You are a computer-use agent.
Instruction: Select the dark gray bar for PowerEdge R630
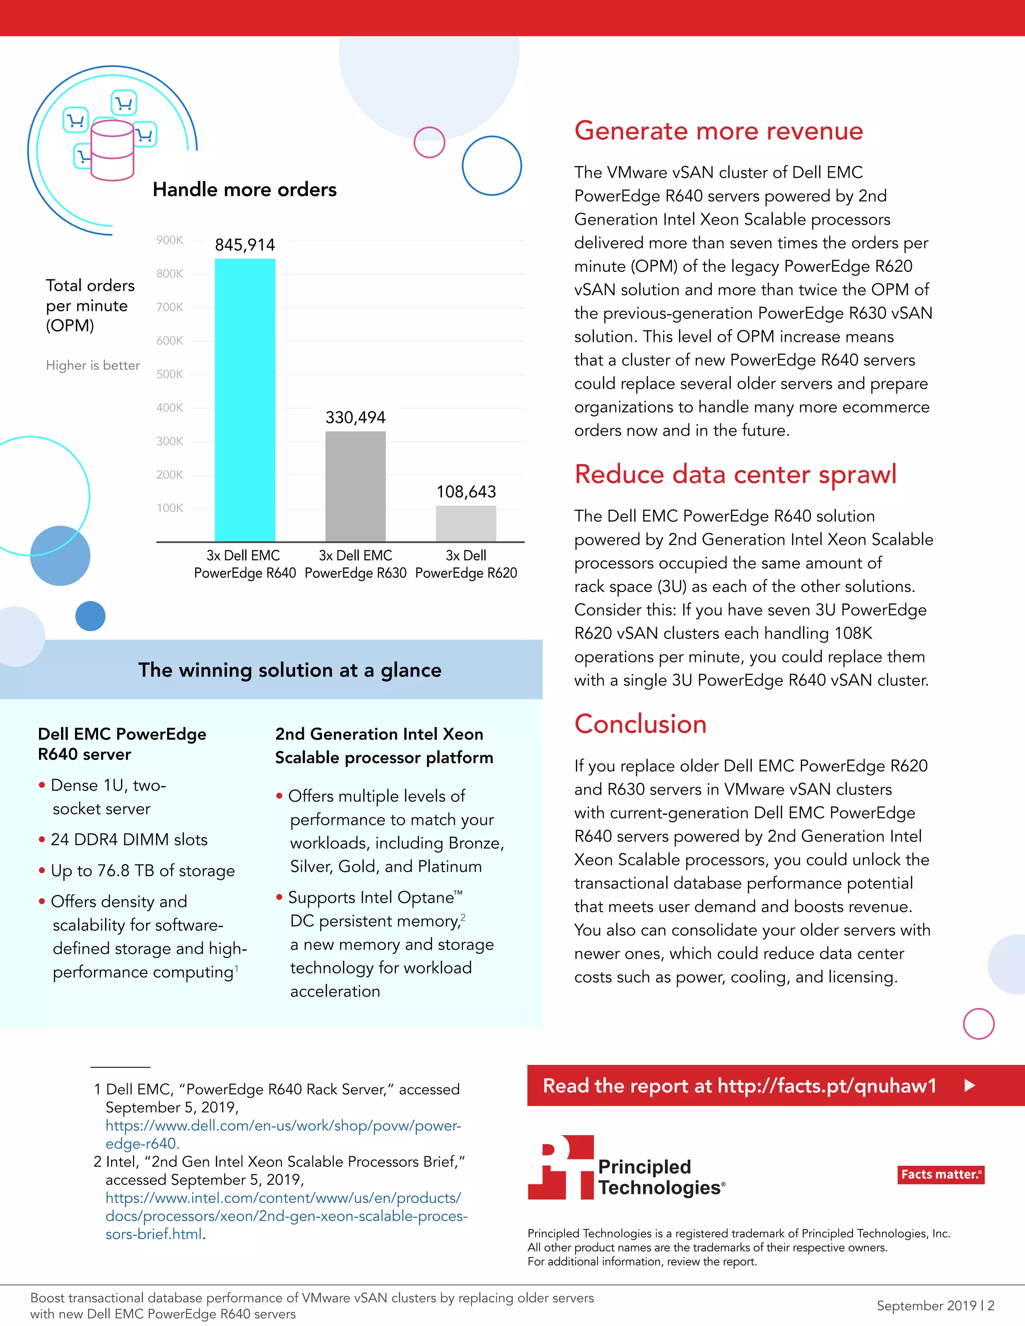[355, 486]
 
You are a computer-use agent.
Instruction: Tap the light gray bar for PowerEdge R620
[466, 523]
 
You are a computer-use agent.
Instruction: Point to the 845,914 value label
[245, 245]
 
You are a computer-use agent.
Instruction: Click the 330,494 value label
[355, 417]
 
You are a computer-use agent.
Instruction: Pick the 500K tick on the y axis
[170, 374]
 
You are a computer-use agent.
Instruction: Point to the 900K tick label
[170, 240]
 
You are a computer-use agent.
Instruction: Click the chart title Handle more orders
[244, 190]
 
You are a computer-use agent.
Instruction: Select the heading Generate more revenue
[718, 131]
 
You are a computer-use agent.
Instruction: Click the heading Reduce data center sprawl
[735, 474]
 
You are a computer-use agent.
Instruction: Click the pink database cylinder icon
[112, 150]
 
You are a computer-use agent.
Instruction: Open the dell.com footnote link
[283, 1134]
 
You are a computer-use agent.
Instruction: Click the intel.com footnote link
[285, 1215]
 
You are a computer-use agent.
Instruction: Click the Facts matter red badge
[940, 1174]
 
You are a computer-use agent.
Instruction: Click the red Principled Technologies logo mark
[561, 1167]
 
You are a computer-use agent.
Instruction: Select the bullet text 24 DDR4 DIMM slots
[129, 839]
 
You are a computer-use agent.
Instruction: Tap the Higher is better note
[93, 365]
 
